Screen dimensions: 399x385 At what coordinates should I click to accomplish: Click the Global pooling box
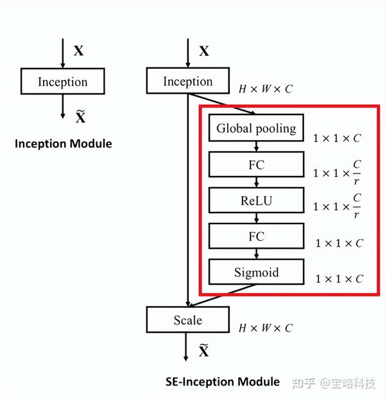point(256,129)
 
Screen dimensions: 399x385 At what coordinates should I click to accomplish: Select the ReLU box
point(256,201)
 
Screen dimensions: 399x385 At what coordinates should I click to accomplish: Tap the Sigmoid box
point(256,272)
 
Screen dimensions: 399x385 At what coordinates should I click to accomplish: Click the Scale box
point(187,319)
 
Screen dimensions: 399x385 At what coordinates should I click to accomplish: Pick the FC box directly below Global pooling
point(256,165)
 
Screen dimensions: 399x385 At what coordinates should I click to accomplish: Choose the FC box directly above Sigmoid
point(256,237)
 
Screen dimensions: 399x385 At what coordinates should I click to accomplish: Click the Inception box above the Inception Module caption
point(62,82)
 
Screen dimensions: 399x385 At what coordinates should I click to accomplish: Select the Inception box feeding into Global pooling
point(187,81)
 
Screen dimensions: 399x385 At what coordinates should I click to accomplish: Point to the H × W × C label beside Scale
point(266,328)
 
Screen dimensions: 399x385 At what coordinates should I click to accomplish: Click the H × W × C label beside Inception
point(266,89)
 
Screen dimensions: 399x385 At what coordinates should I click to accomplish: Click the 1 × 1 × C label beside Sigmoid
point(339,279)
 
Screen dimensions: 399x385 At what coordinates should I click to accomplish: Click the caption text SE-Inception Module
point(222,381)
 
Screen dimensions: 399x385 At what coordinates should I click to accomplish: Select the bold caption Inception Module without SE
point(63,143)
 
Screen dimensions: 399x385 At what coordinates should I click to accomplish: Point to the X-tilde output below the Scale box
point(203,351)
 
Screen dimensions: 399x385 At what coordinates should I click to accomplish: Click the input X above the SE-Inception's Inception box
point(203,51)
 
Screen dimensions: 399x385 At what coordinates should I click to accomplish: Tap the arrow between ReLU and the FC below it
point(256,219)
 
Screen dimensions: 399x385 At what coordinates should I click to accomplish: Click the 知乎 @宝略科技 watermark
point(334,383)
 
